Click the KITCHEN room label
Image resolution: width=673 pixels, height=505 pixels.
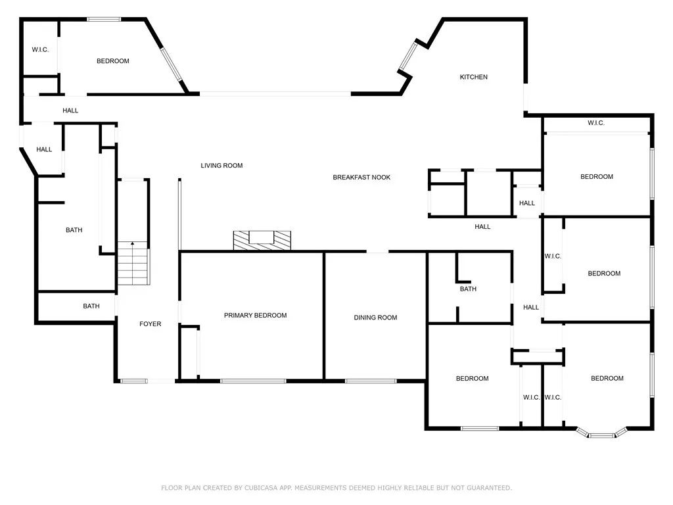tap(473, 77)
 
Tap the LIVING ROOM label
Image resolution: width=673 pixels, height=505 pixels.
tap(221, 166)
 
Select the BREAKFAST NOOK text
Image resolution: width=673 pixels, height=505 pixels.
tap(361, 178)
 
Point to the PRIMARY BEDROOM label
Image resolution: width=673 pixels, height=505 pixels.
tap(255, 316)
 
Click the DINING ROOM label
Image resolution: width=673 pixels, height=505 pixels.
tap(375, 318)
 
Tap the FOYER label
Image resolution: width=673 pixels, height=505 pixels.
tap(150, 324)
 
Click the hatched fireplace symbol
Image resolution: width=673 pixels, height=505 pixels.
tap(262, 240)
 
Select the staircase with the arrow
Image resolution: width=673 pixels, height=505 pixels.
tap(133, 263)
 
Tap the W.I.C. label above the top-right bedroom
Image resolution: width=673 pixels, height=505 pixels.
tap(595, 123)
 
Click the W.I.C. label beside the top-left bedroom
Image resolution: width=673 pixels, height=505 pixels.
tap(41, 50)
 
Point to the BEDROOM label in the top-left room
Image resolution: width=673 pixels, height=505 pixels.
tap(113, 61)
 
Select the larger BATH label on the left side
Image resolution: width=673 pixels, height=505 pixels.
tap(74, 230)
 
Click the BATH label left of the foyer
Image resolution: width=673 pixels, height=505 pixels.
tap(91, 306)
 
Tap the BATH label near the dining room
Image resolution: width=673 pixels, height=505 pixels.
tap(468, 289)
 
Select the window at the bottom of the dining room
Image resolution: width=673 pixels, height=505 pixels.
tap(371, 380)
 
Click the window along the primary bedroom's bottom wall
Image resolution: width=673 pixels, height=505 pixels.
tap(253, 380)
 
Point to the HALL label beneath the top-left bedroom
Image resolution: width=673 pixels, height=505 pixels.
tap(70, 110)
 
